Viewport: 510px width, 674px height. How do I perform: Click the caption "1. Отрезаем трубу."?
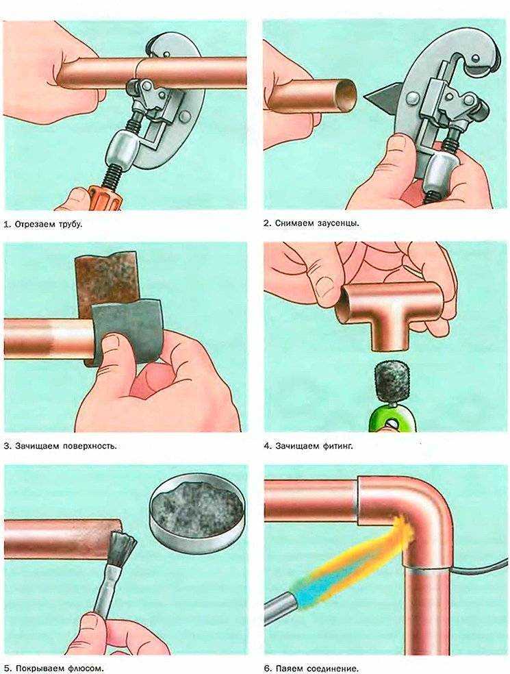coord(42,225)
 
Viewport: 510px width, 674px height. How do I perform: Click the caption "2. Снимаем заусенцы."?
coord(311,223)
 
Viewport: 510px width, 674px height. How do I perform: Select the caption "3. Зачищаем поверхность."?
coord(60,446)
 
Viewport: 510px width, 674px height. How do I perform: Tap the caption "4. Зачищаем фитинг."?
coord(308,446)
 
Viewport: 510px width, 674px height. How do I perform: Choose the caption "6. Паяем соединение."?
coord(311,669)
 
